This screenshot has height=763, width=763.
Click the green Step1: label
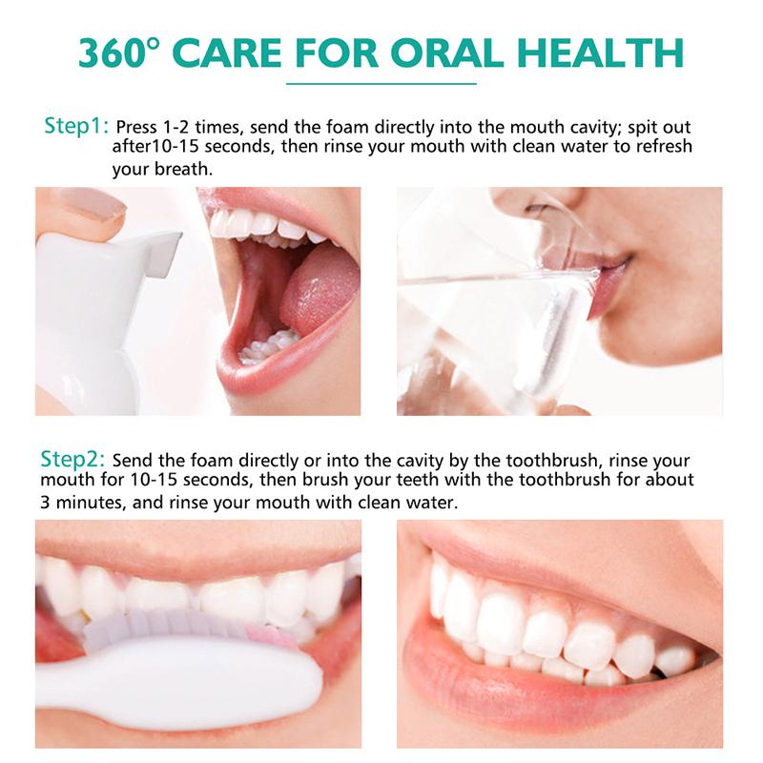point(77,127)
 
